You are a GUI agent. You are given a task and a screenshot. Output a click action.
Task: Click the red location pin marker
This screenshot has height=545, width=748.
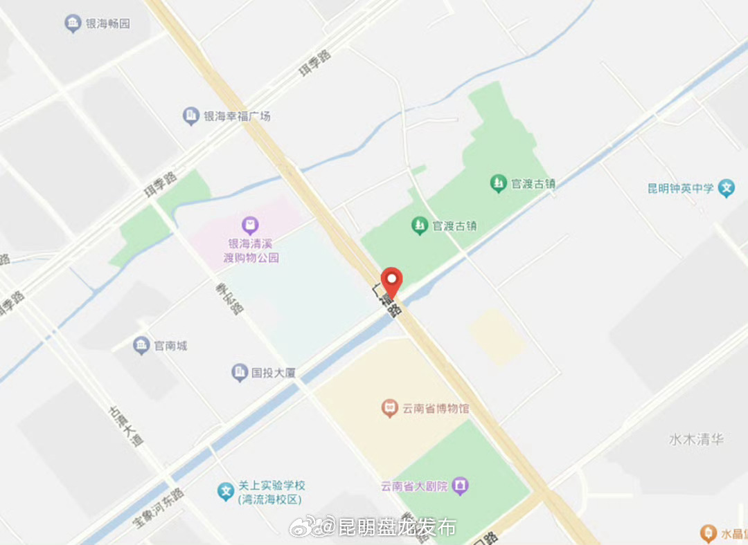tap(393, 281)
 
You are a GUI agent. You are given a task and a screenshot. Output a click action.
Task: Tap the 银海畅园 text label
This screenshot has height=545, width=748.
tap(107, 24)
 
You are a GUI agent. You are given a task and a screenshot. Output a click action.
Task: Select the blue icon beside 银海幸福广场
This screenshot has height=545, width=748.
tap(190, 116)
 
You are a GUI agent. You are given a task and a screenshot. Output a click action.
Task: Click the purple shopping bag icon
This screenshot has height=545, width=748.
tap(249, 225)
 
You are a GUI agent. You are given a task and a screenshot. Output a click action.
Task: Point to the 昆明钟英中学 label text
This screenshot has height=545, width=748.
tap(680, 188)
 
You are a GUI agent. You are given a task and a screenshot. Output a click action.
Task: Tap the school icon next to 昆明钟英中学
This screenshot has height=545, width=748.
tap(726, 188)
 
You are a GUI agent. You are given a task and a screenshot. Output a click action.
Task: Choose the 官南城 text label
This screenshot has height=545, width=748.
tap(170, 345)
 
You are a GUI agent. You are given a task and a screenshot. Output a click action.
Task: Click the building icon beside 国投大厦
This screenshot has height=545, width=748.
tap(239, 373)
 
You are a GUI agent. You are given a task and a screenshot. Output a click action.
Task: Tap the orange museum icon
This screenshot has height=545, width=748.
tap(390, 408)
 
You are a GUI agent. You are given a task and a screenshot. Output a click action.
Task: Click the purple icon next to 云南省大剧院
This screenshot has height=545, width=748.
tap(460, 486)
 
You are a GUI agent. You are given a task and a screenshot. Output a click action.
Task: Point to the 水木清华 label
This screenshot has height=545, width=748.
tap(696, 439)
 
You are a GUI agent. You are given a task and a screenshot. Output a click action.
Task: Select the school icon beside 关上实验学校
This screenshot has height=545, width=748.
tap(224, 492)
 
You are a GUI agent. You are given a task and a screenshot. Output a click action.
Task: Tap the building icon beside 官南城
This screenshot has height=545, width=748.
tap(141, 345)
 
